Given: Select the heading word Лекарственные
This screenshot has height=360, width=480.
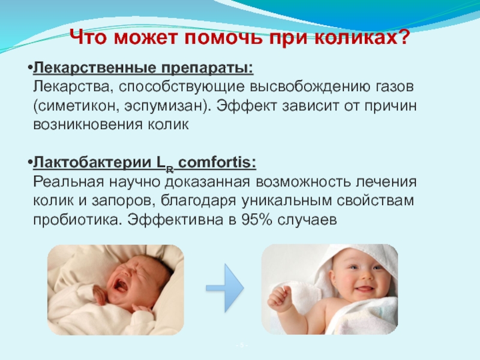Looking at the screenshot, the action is coord(95,68).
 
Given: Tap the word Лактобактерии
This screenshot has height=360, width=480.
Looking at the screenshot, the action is coord(92,163).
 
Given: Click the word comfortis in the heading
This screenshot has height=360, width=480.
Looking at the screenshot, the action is coord(217,163).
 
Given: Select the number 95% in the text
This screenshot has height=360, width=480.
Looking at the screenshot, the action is coord(257,220).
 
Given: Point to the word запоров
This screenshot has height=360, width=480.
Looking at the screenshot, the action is coord(124,201).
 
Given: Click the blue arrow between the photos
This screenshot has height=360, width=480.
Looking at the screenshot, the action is coord(225,288).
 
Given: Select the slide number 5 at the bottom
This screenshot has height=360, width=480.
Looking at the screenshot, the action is coord(242,346).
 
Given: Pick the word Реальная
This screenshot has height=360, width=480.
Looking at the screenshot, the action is coord(68,182).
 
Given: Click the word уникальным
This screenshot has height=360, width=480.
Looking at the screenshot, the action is coord(286,201).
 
